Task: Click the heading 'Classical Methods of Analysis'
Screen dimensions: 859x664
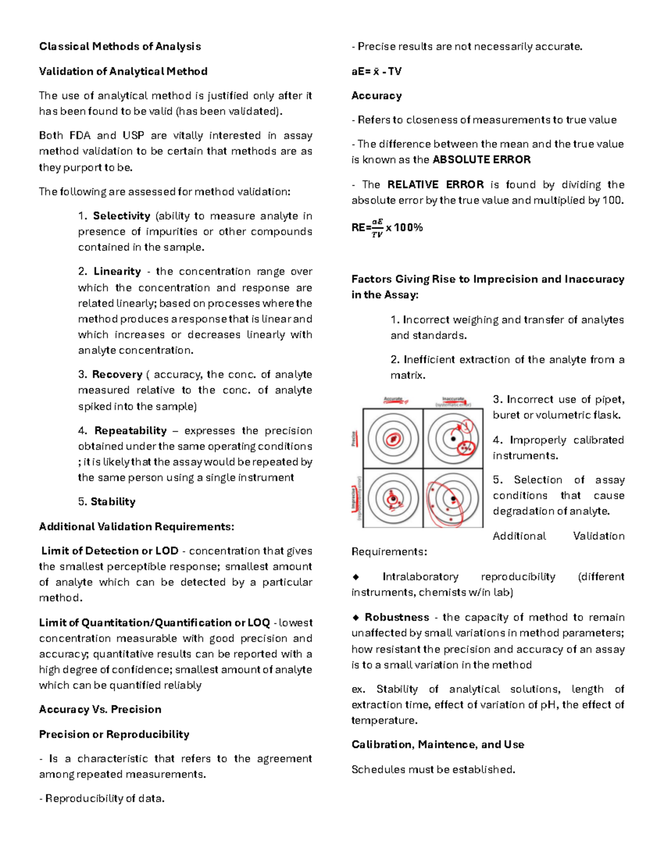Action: (120, 46)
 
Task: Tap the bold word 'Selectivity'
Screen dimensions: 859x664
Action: (122, 216)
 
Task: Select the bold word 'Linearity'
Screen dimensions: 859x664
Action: (117, 272)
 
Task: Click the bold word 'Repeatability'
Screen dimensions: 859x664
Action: (131, 431)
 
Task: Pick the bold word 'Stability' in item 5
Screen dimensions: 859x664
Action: (113, 502)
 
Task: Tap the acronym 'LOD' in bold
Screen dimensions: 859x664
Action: (167, 551)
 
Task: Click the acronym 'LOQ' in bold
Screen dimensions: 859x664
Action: (258, 623)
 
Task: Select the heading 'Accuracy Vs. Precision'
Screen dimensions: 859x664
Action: (100, 710)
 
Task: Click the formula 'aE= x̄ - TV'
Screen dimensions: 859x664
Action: (376, 71)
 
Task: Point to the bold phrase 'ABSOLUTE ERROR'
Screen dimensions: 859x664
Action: (481, 160)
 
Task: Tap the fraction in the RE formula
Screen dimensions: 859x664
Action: (377, 228)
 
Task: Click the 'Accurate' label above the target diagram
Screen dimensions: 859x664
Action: (393, 399)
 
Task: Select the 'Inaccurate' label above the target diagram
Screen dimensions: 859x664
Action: (453, 399)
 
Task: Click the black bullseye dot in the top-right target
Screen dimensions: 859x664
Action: (453, 439)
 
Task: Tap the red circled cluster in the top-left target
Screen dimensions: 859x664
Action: (393, 439)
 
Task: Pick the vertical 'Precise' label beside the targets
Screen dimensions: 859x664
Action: (354, 439)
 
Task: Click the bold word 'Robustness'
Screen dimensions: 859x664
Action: (397, 617)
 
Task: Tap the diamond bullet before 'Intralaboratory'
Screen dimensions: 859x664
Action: (356, 577)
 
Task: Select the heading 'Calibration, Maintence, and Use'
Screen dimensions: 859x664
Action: (438, 745)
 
